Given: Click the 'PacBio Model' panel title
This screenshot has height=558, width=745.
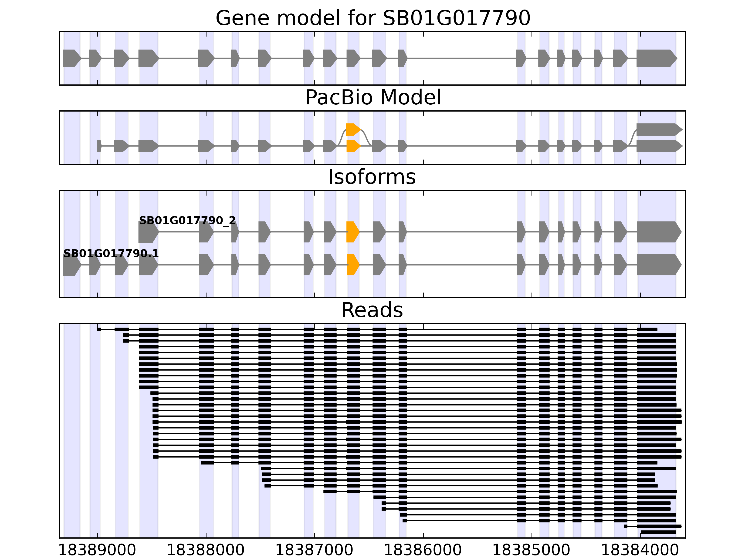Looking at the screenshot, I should pyautogui.click(x=372, y=98).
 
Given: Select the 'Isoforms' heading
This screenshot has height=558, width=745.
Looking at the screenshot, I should pyautogui.click(x=372, y=177).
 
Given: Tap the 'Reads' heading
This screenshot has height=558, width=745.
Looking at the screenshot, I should pyautogui.click(x=372, y=310).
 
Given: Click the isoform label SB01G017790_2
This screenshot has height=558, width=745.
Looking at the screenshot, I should pyautogui.click(x=187, y=221).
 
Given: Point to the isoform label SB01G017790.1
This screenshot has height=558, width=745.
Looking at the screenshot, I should pyautogui.click(x=111, y=253).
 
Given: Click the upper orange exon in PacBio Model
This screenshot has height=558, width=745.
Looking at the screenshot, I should pyautogui.click(x=352, y=130).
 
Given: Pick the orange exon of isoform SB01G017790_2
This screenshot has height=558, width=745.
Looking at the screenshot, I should pyautogui.click(x=352, y=232).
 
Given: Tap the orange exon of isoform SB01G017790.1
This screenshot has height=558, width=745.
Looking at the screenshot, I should pyautogui.click(x=352, y=265).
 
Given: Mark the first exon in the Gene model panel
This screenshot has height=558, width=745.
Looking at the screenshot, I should pyautogui.click(x=71, y=58).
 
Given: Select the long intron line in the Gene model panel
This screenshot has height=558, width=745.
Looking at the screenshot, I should pyautogui.click(x=461, y=58).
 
